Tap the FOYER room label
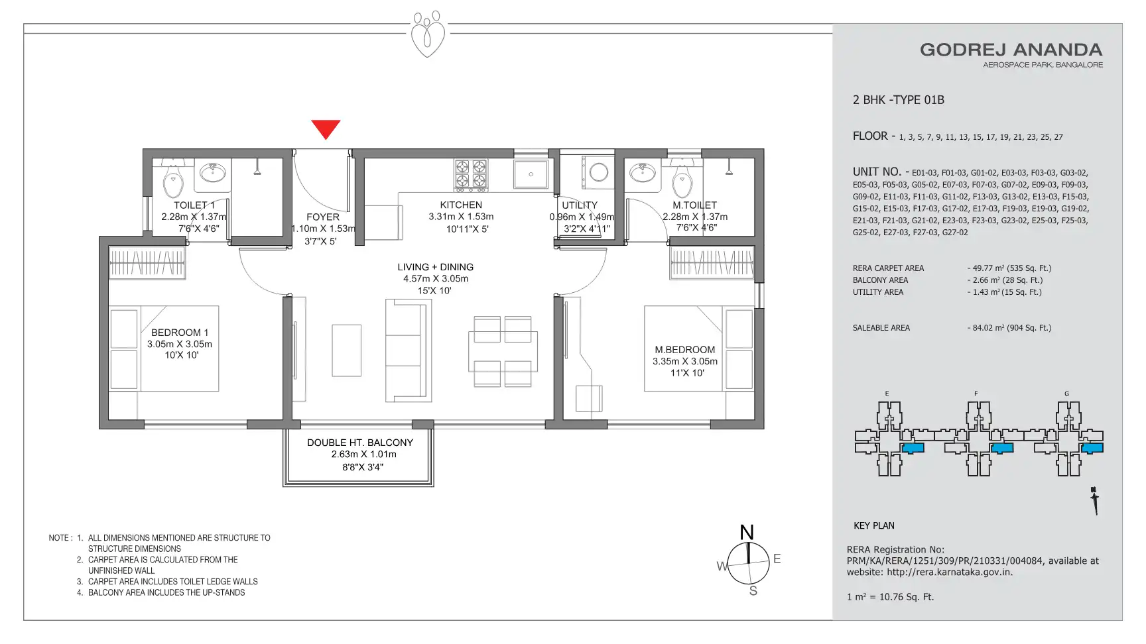pos(323,217)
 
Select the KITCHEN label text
pos(461,205)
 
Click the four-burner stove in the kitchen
pos(471,174)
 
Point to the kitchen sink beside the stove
pos(531,174)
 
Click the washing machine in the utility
pos(598,173)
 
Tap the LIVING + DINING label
pos(436,267)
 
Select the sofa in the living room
pos(407,350)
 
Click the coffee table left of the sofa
pos(346,350)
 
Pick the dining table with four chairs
pos(502,351)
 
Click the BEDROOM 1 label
pos(180,333)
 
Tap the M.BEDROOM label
pos(685,350)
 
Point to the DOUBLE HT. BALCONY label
pos(360,443)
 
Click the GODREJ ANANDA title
pos(1011,50)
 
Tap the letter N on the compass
pos(747,533)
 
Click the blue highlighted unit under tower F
pos(1002,448)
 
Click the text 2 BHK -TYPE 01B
pos(899,100)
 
